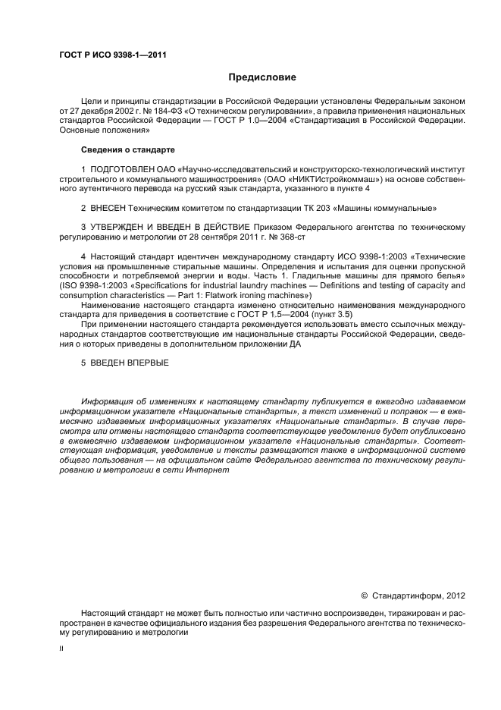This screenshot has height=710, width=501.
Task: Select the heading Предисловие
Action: pyautogui.click(x=261, y=77)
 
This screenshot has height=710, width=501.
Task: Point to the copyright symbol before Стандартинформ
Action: pyautogui.click(x=364, y=596)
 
